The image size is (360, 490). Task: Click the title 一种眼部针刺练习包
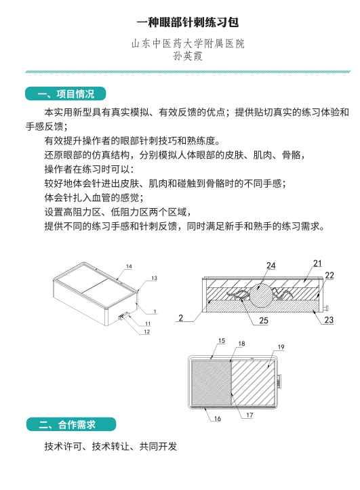pyautogui.click(x=188, y=22)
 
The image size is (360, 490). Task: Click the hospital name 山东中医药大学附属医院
pyautogui.click(x=188, y=43)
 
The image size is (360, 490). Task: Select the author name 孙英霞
pyautogui.click(x=188, y=56)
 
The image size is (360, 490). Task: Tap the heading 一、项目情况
pyautogui.click(x=66, y=94)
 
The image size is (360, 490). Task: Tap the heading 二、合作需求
pyautogui.click(x=71, y=424)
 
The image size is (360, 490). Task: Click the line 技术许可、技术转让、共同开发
pyautogui.click(x=111, y=446)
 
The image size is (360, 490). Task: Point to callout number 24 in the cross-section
pyautogui.click(x=271, y=266)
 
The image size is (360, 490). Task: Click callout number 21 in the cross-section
pyautogui.click(x=317, y=264)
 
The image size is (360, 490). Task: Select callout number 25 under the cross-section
pyautogui.click(x=264, y=321)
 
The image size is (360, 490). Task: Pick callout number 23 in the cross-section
pyautogui.click(x=329, y=320)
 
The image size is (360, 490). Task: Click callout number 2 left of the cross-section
pyautogui.click(x=180, y=318)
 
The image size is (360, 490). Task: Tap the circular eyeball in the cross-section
pyautogui.click(x=261, y=295)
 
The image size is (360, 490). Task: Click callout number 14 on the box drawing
pyautogui.click(x=129, y=266)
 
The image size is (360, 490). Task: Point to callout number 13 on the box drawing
pyautogui.click(x=154, y=278)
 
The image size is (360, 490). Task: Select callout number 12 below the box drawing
pyautogui.click(x=147, y=331)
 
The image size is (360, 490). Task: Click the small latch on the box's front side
pyautogui.click(x=124, y=317)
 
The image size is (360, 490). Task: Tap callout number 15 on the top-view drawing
pyautogui.click(x=222, y=341)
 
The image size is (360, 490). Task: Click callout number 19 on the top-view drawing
pyautogui.click(x=281, y=347)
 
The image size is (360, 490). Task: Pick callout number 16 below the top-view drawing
pyautogui.click(x=218, y=418)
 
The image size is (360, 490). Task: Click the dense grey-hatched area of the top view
pyautogui.click(x=211, y=383)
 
